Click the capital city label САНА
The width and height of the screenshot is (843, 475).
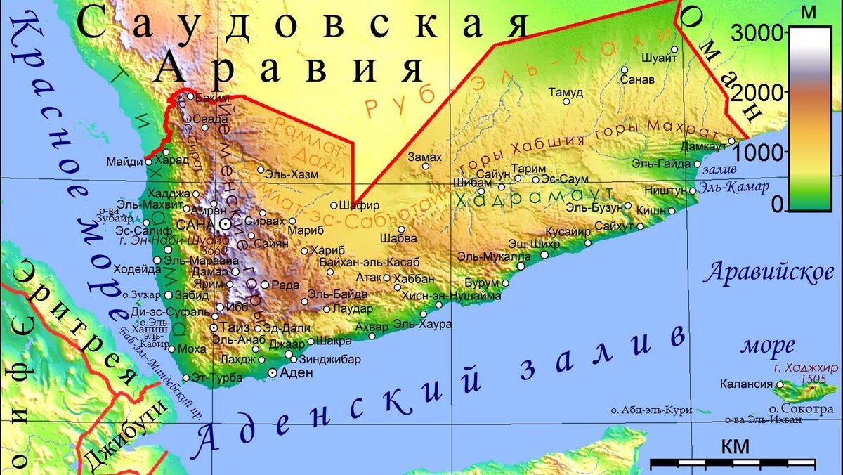(x=196, y=224)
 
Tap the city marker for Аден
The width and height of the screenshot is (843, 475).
(x=273, y=373)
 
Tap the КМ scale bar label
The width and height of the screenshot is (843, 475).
(x=734, y=446)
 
